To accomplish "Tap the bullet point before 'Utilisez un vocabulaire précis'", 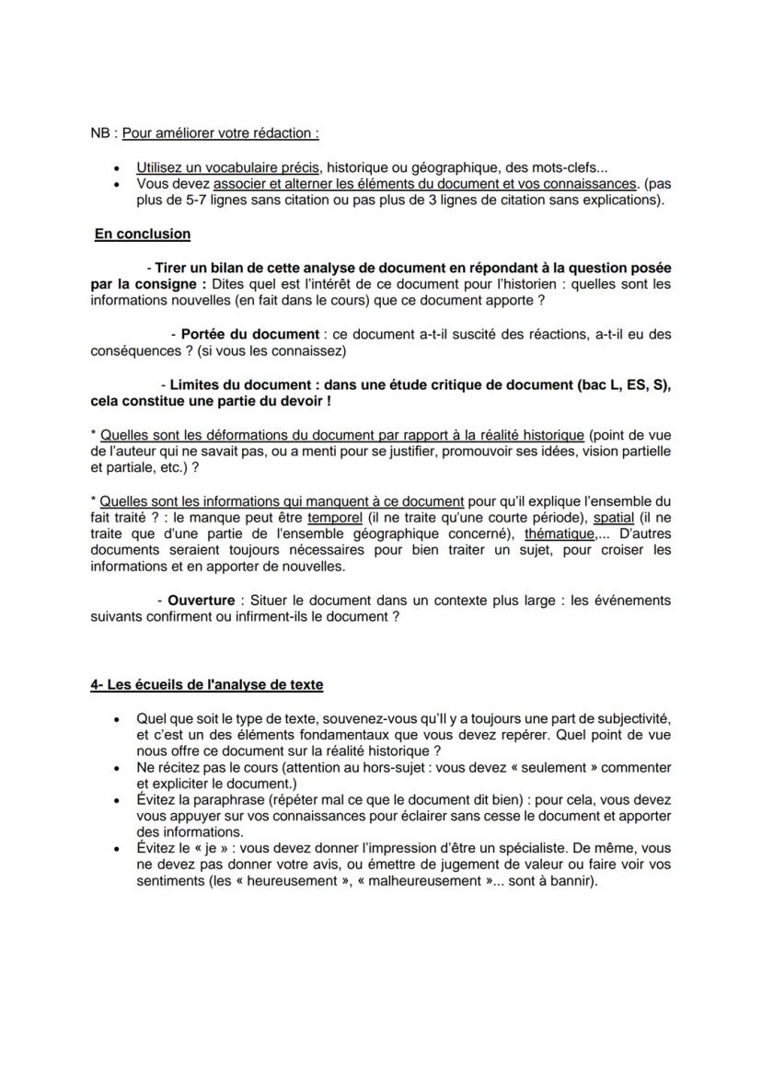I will point(116,168).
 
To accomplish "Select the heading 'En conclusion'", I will point(143,234).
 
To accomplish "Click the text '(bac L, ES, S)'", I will point(622,384).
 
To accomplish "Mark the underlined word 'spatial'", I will point(614,517).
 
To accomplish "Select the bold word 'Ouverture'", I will point(201,600).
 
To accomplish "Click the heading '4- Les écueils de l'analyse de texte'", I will point(207,684).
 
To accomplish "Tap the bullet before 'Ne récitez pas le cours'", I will point(116,767).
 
